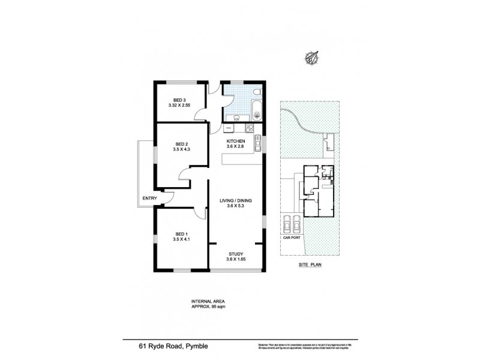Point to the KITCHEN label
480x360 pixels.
(235, 141)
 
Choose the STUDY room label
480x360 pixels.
(235, 254)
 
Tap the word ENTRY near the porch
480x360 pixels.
(149, 199)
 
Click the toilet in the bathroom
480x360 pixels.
(256, 92)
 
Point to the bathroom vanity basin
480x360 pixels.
(235, 118)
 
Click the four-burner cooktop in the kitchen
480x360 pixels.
(250, 127)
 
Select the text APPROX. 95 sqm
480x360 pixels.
(208, 307)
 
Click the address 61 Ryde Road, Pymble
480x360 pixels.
(166, 346)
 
